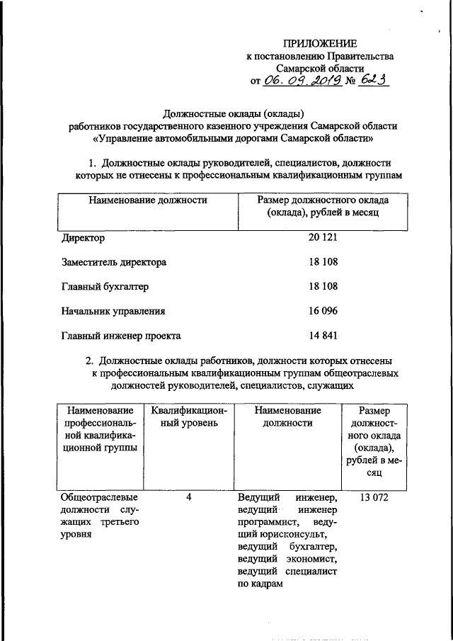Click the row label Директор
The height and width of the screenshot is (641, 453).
[x=83, y=238]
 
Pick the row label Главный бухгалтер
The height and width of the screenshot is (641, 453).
[x=105, y=286]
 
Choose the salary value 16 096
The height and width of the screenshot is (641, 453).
[x=323, y=310]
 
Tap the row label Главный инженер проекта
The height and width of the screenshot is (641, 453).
[x=121, y=335]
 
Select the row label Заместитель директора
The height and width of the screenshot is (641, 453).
[x=113, y=262]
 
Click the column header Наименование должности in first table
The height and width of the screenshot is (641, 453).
[x=147, y=200]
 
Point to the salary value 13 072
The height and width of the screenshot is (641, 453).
[x=374, y=498]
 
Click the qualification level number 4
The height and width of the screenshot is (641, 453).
[x=189, y=498]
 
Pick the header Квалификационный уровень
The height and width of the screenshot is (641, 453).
[x=189, y=416]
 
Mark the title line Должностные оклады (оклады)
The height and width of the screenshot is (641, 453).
[x=234, y=113]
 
